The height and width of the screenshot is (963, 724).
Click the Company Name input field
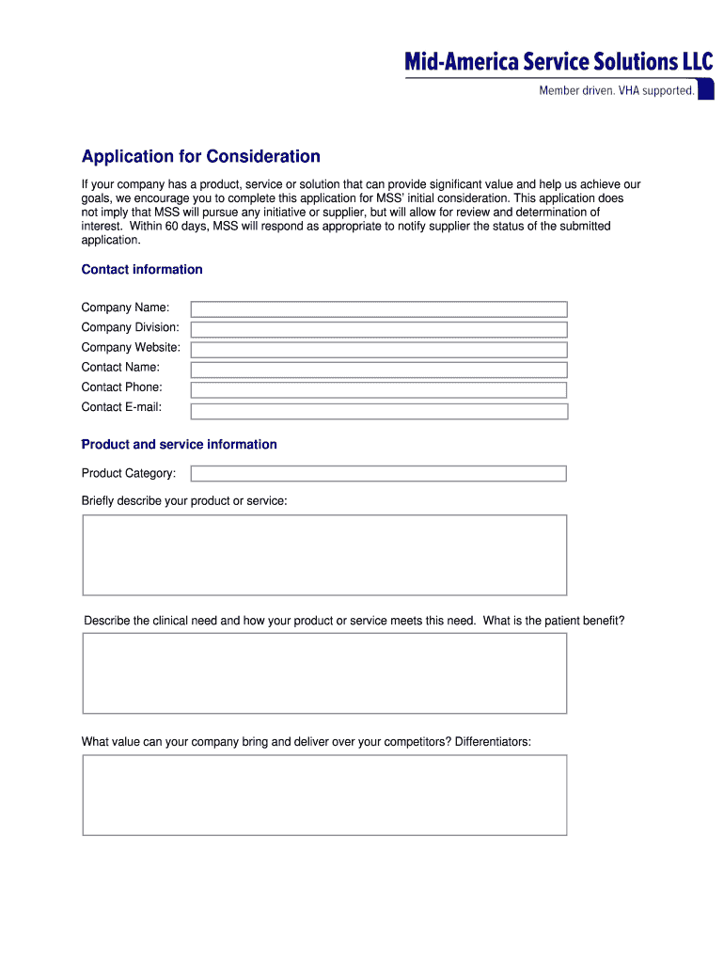coord(379,309)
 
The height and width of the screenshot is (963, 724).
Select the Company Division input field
coord(379,329)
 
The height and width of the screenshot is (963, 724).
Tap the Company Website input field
coord(379,350)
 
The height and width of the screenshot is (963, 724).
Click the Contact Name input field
coord(379,370)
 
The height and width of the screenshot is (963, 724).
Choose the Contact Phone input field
coord(379,389)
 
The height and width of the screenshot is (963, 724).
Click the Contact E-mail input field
coord(379,411)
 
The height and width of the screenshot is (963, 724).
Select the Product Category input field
coord(379,473)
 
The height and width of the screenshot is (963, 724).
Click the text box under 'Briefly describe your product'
coord(324,555)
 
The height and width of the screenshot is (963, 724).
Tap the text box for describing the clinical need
coord(324,673)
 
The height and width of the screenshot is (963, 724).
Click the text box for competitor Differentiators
coord(324,795)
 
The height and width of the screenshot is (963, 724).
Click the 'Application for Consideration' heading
coord(200,156)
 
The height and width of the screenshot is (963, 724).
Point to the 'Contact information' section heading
coord(142,270)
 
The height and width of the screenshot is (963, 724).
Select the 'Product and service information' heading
coord(179,444)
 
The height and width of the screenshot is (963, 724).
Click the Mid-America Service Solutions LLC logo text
coord(559,62)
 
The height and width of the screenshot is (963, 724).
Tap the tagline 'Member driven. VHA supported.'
coord(616,91)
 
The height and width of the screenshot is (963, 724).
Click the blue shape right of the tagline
coord(705,89)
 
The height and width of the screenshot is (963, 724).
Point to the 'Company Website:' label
coord(131,347)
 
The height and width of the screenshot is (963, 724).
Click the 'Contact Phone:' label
coord(121,387)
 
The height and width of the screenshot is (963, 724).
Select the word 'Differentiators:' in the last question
coord(493,742)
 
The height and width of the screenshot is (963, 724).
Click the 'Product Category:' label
coord(128,473)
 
